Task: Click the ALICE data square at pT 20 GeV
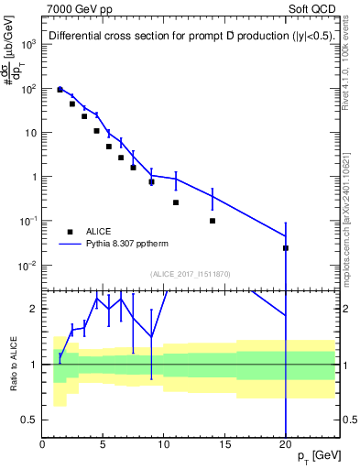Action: click(286, 248)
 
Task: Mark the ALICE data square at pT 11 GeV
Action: click(176, 202)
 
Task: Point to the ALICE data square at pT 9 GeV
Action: click(151, 182)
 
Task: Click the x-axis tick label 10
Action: click(164, 446)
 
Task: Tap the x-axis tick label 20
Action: click(286, 446)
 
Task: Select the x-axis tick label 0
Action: click(43, 446)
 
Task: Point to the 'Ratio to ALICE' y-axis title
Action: click(11, 364)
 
